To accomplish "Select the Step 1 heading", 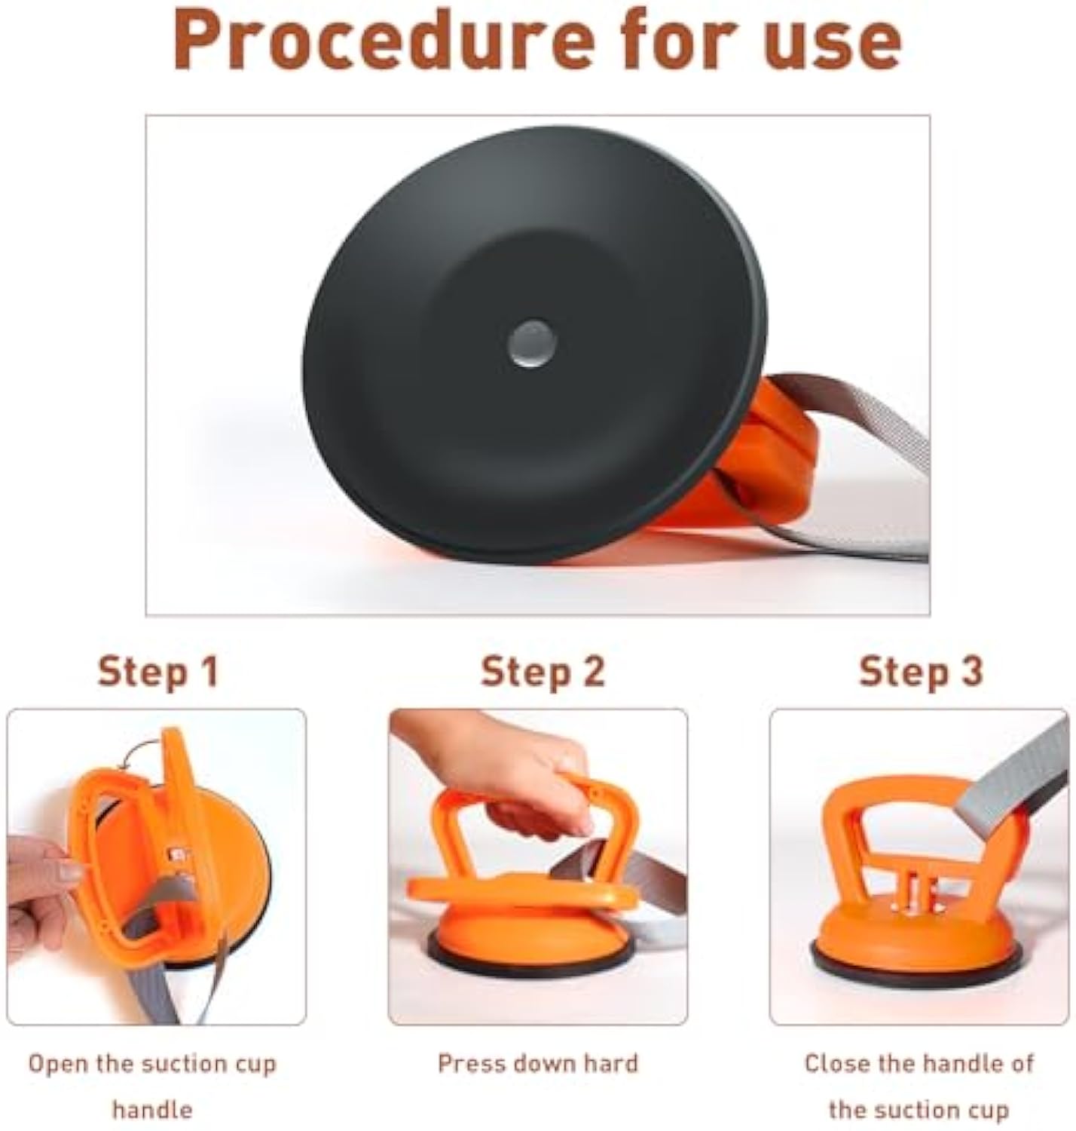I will [x=157, y=670].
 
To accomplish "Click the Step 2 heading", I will [x=543, y=670].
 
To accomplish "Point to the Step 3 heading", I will [x=921, y=670].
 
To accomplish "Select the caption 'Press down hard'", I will [x=537, y=1063].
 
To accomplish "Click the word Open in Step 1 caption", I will [x=57, y=1064].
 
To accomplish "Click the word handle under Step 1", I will [x=152, y=1109].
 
